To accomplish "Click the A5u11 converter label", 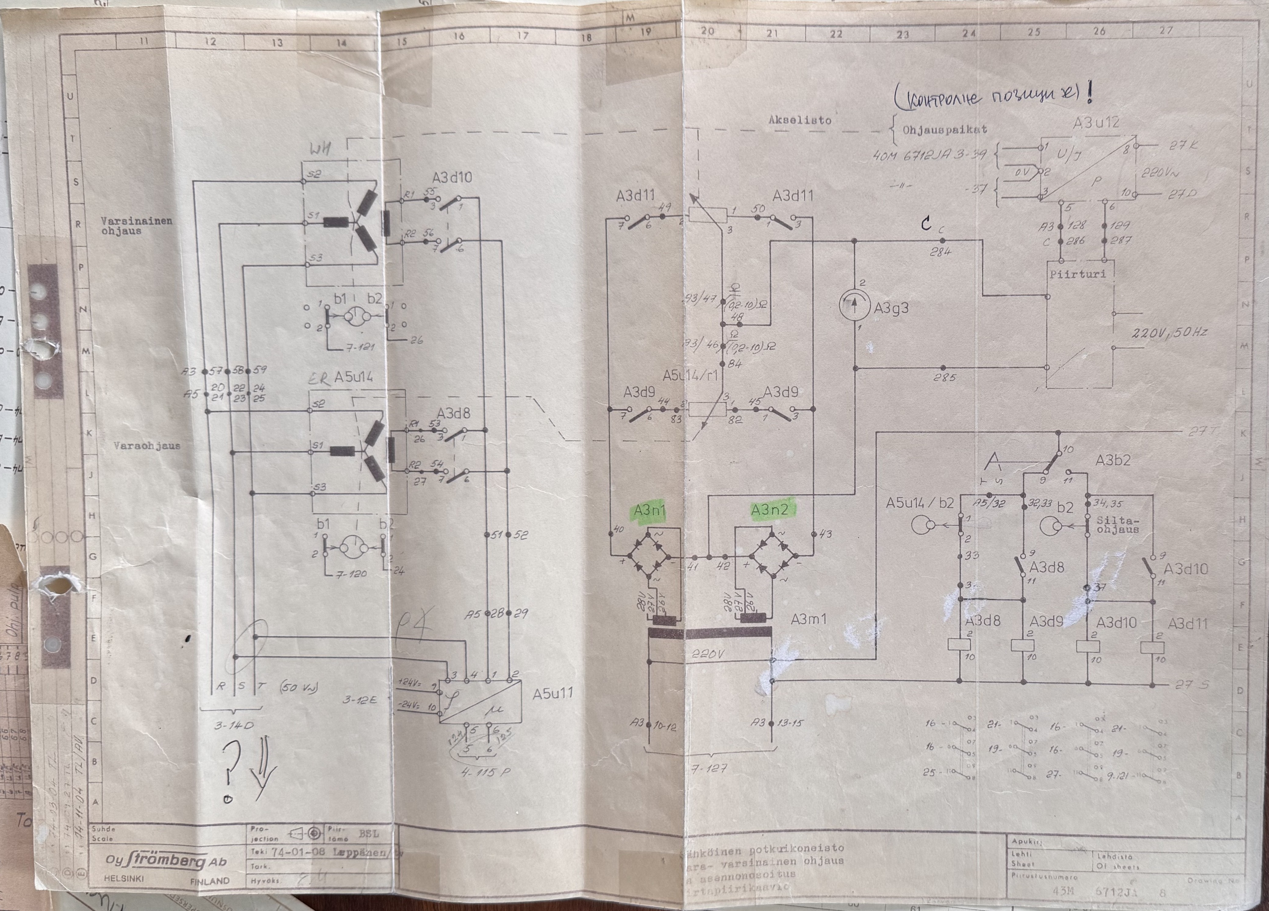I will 553,694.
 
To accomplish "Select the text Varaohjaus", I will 147,446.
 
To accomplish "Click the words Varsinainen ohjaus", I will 137,226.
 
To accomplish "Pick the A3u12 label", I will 1096,123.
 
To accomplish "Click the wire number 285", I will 945,377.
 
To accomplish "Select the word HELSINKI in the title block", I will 124,879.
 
